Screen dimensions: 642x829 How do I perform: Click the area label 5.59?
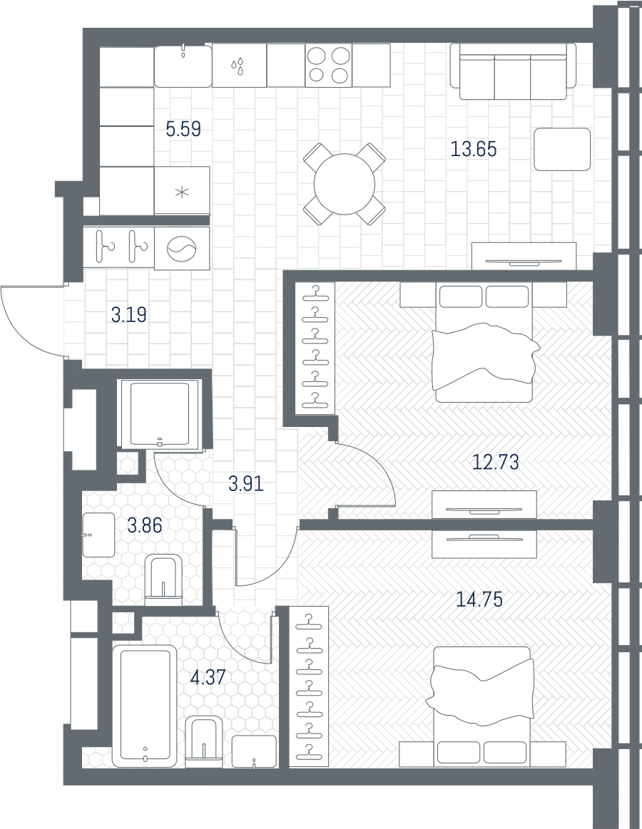[183, 128]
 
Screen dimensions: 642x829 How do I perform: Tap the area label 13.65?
[474, 149]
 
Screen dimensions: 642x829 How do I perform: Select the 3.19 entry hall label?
[129, 315]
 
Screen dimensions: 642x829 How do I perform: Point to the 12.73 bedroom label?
[495, 462]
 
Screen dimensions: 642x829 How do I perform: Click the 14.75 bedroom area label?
[479, 599]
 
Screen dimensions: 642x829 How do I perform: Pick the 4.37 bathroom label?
[208, 676]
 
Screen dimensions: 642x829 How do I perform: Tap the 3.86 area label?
[145, 525]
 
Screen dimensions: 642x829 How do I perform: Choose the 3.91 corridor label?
[246, 483]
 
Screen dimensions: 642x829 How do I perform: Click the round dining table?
[345, 184]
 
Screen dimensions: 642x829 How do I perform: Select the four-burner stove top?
[328, 66]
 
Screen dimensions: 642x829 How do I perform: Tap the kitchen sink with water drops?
[239, 66]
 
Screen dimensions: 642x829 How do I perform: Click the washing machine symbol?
[181, 249]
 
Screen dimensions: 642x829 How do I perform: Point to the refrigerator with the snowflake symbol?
[181, 191]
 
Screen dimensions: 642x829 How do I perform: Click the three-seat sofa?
[513, 71]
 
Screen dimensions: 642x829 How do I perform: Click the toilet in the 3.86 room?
[163, 580]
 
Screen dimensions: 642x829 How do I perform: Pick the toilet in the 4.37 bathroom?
[204, 740]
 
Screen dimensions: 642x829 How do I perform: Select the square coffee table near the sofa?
[562, 149]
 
